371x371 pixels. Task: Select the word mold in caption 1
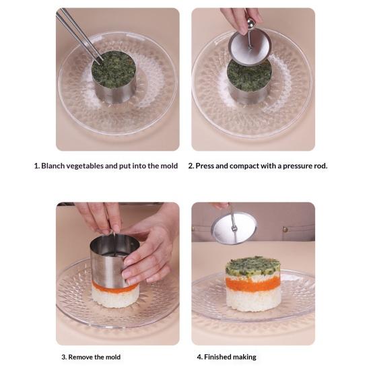coord(169,166)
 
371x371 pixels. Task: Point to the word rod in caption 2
coord(321,166)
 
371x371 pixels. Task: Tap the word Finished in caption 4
coord(215,357)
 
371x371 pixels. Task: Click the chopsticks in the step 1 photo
coord(79,36)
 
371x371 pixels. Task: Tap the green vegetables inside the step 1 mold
coord(114,69)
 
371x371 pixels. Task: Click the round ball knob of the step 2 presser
coord(250,24)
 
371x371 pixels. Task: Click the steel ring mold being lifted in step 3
coord(114,261)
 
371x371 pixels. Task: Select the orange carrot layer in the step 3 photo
coord(114,288)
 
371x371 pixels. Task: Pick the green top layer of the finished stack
coord(252,267)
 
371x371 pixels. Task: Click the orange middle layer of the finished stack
coord(252,284)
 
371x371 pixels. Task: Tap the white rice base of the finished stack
coord(253,300)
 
